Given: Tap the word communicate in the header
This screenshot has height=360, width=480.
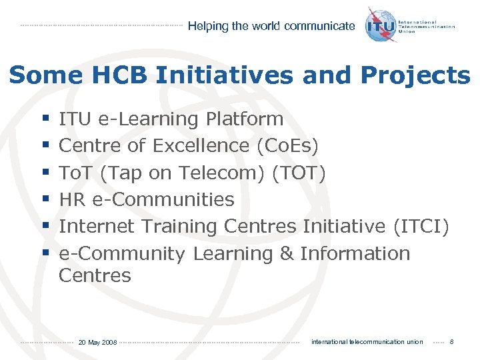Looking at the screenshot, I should click(319, 26).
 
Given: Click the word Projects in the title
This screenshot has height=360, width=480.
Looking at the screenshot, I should click(417, 75).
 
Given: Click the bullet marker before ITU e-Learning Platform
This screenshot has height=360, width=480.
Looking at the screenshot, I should click(44, 119).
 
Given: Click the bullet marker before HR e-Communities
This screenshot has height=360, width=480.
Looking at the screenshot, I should click(44, 199).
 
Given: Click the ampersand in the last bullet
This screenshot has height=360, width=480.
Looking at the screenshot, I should click(287, 254).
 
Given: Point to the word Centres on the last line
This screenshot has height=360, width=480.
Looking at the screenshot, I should click(95, 275).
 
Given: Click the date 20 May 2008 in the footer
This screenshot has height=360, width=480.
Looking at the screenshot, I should click(97, 342).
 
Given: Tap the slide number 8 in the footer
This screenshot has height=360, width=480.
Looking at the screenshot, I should click(452, 342).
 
